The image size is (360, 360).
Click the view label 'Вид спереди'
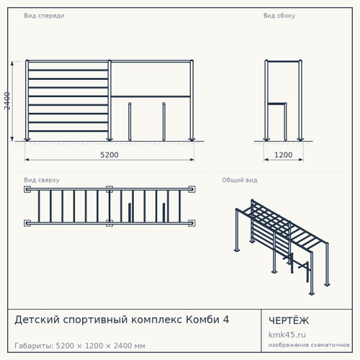pyautogui.click(x=44, y=16)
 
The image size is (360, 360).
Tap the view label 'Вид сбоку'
pyautogui.click(x=279, y=16)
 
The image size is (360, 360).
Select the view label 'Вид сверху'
pyautogui.click(x=42, y=180)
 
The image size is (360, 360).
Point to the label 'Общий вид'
pyautogui.click(x=240, y=180)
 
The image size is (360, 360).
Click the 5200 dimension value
pyautogui.click(x=109, y=155)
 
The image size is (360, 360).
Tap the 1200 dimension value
pyautogui.click(x=283, y=155)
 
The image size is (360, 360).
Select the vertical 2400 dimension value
pyautogui.click(x=7, y=101)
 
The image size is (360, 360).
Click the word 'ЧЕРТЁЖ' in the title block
pyautogui.click(x=289, y=320)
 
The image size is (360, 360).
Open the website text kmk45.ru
pyautogui.click(x=287, y=335)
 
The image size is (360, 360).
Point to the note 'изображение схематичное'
pyautogui.click(x=309, y=345)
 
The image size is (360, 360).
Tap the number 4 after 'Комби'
pyautogui.click(x=226, y=320)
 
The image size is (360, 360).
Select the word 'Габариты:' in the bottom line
pyautogui.click(x=34, y=346)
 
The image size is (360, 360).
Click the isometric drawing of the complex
pyautogui.click(x=282, y=247)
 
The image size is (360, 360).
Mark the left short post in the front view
pyautogui.click(x=130, y=122)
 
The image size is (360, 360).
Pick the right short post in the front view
pyautogui.click(x=163, y=122)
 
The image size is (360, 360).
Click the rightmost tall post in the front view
pyautogui.click(x=192, y=100)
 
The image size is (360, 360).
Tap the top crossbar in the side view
pyautogui.click(x=283, y=61)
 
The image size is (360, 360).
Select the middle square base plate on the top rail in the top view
pyautogui.click(x=109, y=189)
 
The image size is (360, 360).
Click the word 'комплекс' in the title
pyautogui.click(x=157, y=320)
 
